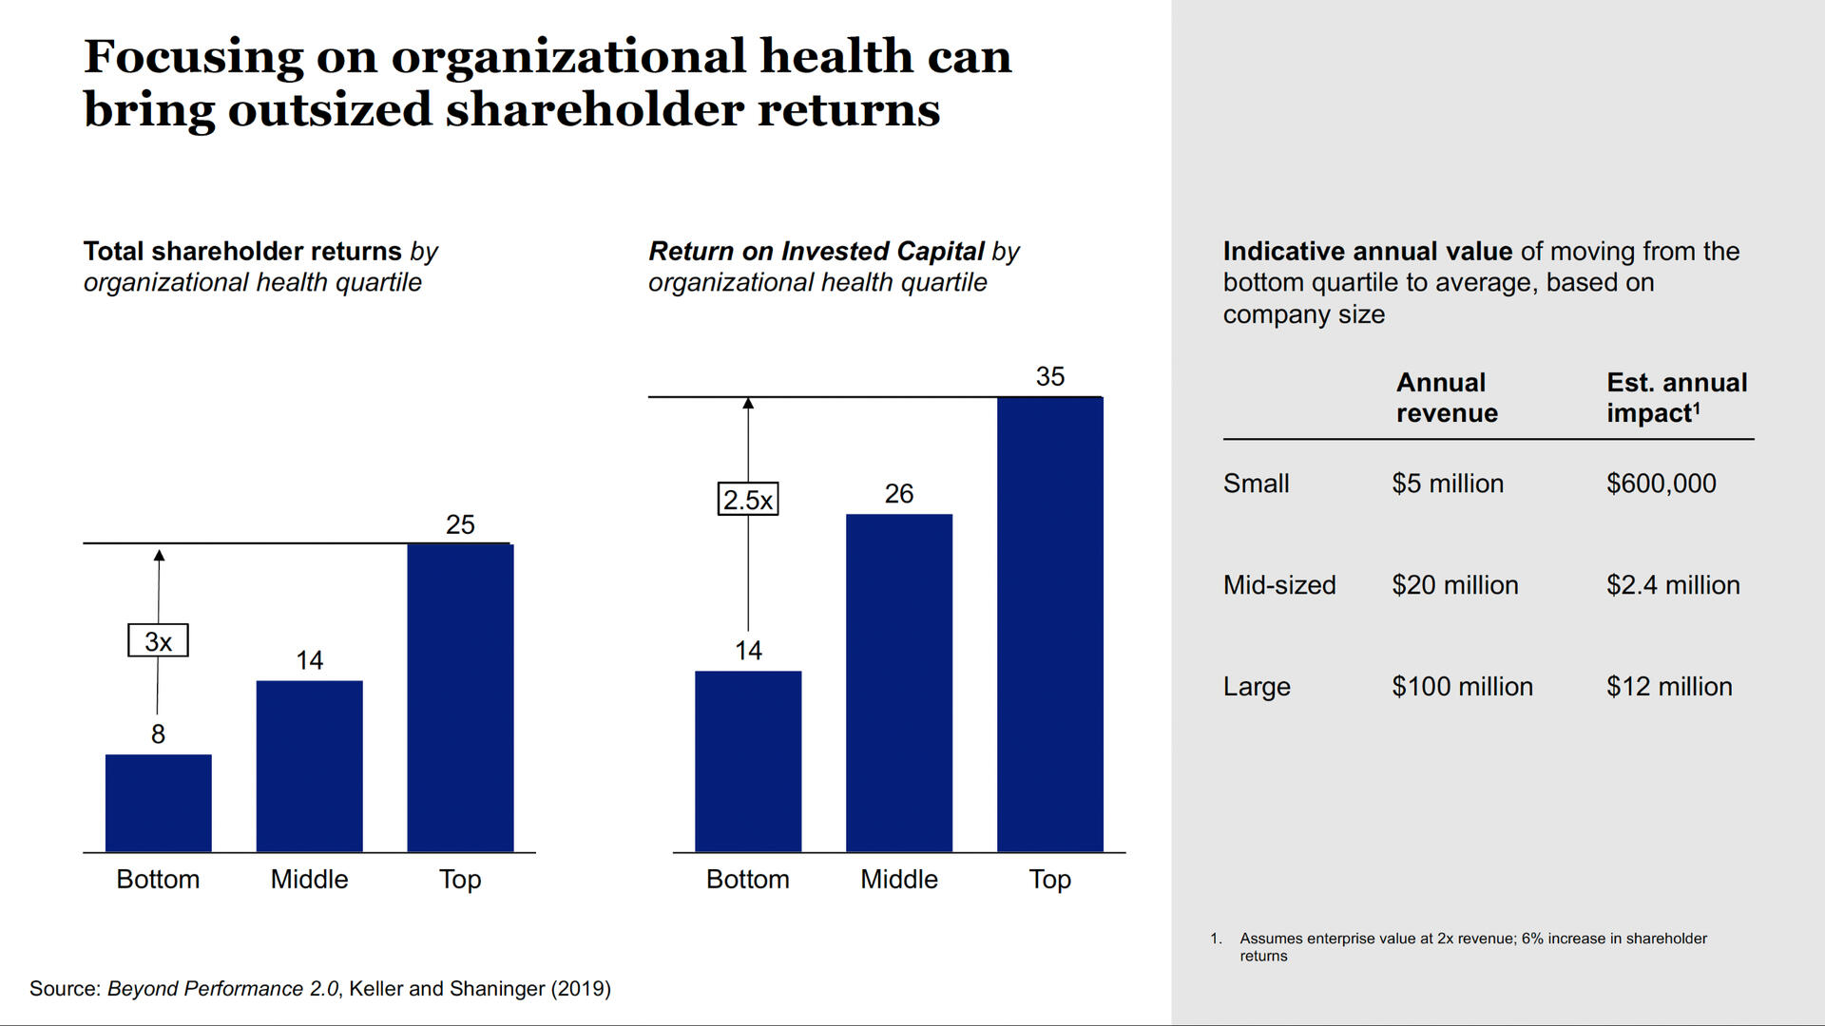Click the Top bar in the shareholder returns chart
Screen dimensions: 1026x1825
tap(460, 698)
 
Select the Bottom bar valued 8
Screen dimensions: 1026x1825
tap(158, 803)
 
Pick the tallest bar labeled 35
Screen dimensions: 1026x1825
tap(1049, 624)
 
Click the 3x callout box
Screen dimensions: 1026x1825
tap(158, 641)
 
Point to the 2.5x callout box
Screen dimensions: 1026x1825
tap(747, 500)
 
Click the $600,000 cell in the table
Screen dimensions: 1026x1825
tap(1661, 484)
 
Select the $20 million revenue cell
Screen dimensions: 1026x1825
tap(1454, 585)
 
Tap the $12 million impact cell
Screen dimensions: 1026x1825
tap(1668, 687)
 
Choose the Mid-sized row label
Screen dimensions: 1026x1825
tap(1278, 585)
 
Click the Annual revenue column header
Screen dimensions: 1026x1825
tap(1446, 398)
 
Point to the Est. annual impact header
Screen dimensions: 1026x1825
tap(1676, 398)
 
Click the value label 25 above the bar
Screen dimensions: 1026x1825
tap(460, 524)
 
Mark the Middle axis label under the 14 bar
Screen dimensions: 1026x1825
tap(309, 880)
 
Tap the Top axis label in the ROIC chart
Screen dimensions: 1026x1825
tap(1049, 880)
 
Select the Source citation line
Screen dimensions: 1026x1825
tap(319, 989)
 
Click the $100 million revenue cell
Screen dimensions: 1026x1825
tap(1462, 687)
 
